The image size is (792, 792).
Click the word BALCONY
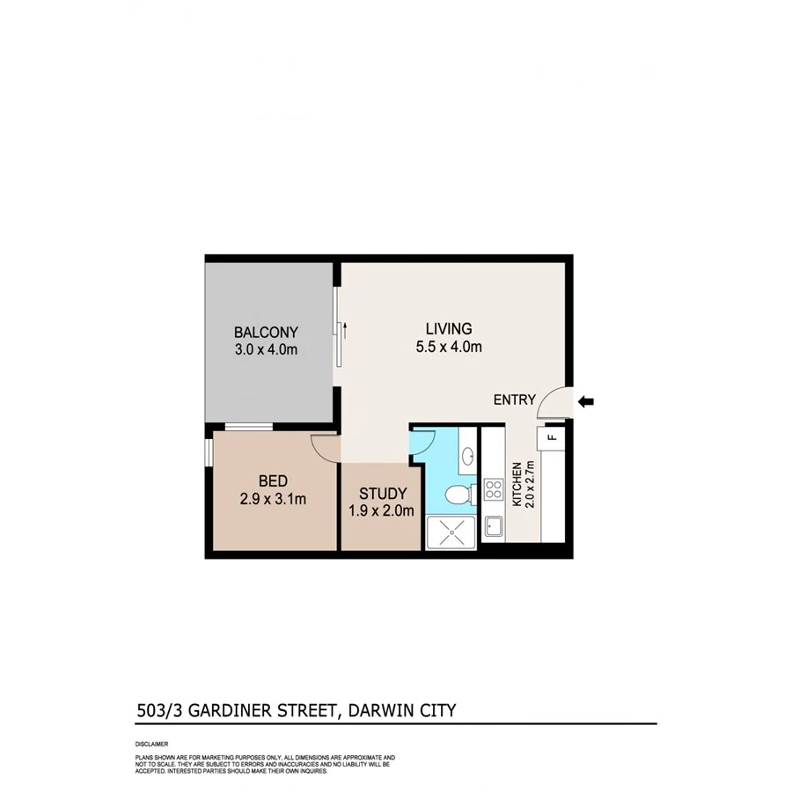[266, 333]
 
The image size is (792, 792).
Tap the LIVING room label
[449, 329]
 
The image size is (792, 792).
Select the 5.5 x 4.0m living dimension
[449, 347]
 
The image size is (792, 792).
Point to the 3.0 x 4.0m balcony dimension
[266, 350]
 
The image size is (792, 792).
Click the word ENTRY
[514, 400]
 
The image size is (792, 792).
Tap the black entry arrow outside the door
[586, 402]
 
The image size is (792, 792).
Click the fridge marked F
[552, 436]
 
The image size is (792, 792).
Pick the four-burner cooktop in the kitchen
[491, 491]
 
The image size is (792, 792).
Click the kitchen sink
[492, 526]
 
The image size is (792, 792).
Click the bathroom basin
[467, 456]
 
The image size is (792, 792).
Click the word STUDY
[383, 493]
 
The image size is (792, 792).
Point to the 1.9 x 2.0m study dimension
[383, 510]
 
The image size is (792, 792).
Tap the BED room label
[271, 481]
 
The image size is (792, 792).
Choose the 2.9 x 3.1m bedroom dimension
[271, 500]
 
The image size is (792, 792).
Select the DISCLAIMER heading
[151, 744]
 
